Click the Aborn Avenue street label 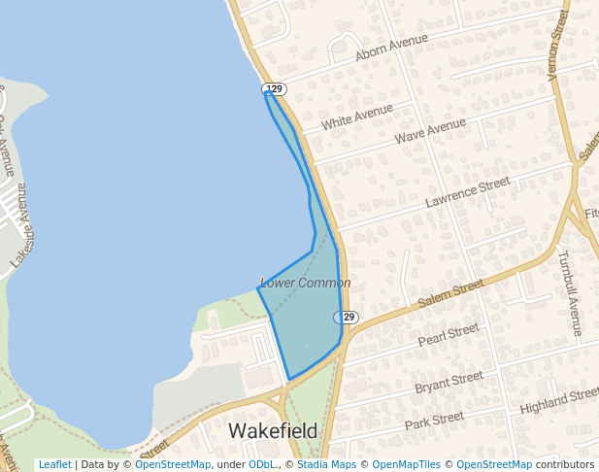coord(392,47)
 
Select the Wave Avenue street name coord(430,131)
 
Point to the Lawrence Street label coord(467,192)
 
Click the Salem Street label coord(450,294)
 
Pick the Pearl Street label coord(449,335)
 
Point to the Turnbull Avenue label coord(569,292)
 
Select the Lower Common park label coord(305,283)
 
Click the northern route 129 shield coord(275,89)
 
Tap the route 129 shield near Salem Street coord(348,318)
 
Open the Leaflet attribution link coord(54,465)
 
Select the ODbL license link coord(262,465)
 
